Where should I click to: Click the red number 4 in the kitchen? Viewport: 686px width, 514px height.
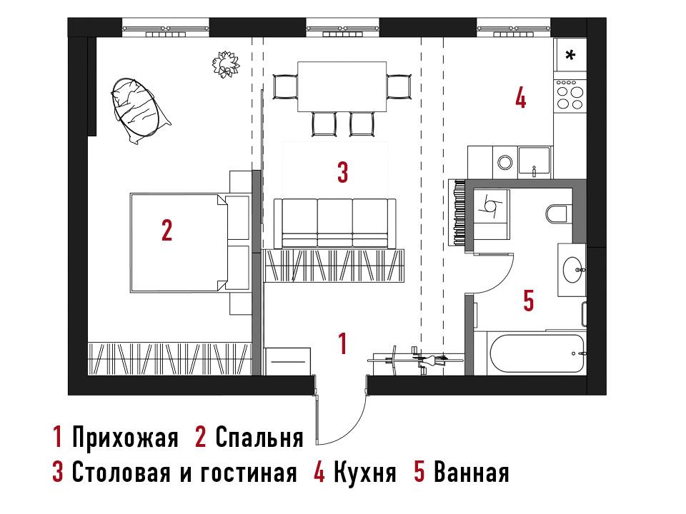[x=520, y=98]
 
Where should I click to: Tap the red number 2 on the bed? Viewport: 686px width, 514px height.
[x=166, y=230]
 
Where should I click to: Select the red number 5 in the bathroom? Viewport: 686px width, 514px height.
[x=529, y=301]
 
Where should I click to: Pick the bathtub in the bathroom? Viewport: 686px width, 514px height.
[x=537, y=353]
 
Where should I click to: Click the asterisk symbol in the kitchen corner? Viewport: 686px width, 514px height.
[x=570, y=55]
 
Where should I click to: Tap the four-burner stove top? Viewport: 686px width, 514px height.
[x=570, y=94]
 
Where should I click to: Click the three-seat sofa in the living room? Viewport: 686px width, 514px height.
[x=334, y=223]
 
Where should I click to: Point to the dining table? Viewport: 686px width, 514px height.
[x=342, y=86]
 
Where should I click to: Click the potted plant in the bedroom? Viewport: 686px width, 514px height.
[x=226, y=64]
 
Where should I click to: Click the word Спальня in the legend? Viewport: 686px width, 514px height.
[x=259, y=438]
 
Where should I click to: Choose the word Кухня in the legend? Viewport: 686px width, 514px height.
[x=365, y=472]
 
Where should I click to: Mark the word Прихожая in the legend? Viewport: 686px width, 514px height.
[x=125, y=437]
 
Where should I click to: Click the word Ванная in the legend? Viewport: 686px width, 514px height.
[x=471, y=472]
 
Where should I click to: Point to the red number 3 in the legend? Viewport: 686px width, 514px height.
[x=57, y=472]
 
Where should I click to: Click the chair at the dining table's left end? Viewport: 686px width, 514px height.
[x=285, y=87]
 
